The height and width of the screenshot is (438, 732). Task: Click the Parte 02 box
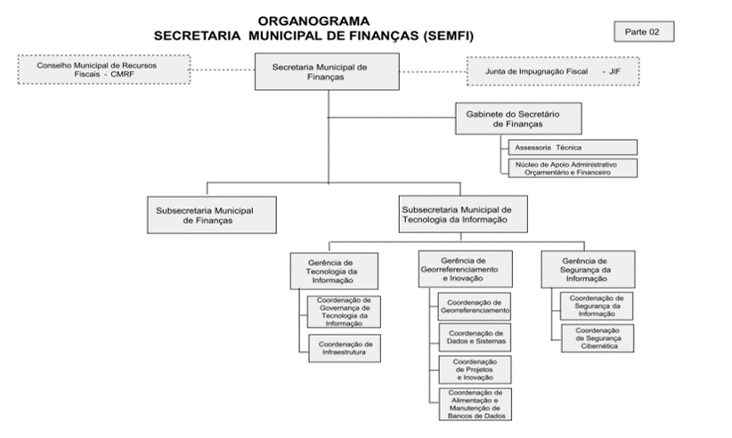tap(644, 32)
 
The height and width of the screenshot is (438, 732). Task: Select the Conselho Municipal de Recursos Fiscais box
tap(104, 69)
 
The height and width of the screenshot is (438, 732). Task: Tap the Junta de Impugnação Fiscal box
tap(553, 71)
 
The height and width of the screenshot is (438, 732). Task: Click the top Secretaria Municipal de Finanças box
tap(327, 71)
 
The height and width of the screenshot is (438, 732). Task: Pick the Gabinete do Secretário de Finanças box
tap(518, 119)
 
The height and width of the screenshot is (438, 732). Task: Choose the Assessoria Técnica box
tap(573, 148)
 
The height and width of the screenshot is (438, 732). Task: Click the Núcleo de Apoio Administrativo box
tap(573, 168)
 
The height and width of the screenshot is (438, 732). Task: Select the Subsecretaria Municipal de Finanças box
tap(212, 215)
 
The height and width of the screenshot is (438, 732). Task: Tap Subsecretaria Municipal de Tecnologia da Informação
tap(463, 214)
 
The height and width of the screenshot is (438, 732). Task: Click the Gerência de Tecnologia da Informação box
tap(334, 271)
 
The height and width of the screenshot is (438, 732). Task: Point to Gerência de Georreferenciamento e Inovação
tap(465, 269)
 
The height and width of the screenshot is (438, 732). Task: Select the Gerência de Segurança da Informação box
tap(588, 270)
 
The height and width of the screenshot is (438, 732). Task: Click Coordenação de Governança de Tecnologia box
tap(344, 312)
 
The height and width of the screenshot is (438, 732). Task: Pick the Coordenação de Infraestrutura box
tap(345, 348)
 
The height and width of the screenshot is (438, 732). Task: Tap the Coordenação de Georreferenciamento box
tap(475, 306)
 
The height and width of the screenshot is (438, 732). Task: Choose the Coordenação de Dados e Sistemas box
tap(476, 337)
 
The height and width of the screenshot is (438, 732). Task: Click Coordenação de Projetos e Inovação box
tap(476, 369)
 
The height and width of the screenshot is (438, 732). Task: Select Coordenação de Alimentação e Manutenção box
tap(476, 404)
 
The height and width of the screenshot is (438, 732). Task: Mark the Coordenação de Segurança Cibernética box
tap(598, 338)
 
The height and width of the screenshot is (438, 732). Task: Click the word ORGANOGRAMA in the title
tap(313, 21)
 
